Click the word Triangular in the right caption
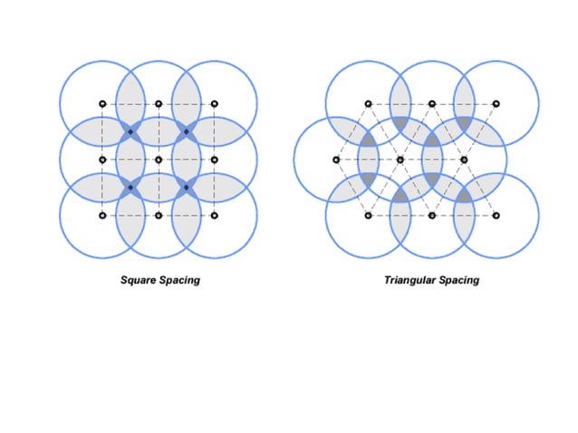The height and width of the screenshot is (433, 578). [x=412, y=280]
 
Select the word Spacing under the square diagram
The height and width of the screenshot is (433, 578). [x=180, y=280]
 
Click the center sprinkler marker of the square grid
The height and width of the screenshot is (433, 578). [x=159, y=159]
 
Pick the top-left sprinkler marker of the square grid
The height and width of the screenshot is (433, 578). [x=102, y=103]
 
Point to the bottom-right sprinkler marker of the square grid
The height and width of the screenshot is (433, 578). [x=214, y=216]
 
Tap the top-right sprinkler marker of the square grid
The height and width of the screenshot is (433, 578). [x=214, y=103]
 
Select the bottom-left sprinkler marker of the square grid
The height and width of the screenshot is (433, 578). [x=102, y=216]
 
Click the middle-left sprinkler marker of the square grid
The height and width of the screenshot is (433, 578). [x=102, y=159]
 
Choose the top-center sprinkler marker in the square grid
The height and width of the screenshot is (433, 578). [x=159, y=103]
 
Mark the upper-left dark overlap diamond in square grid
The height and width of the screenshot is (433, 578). [x=130, y=132]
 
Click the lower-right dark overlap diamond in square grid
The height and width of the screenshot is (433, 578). [x=187, y=188]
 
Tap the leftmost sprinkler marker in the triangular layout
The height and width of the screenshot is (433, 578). [x=336, y=159]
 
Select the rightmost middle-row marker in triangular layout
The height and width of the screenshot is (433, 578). [x=464, y=159]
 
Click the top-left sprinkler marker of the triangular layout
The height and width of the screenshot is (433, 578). [x=368, y=103]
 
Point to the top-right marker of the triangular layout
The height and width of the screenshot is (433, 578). [x=496, y=103]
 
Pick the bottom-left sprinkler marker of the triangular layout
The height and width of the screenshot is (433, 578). [x=368, y=216]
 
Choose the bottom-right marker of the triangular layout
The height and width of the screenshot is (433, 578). [x=496, y=216]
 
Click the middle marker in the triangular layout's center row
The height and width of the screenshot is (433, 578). [x=400, y=159]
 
